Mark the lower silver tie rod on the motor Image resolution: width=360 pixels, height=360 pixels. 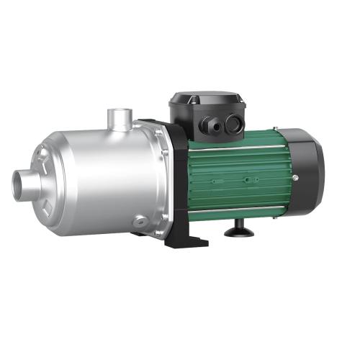238,210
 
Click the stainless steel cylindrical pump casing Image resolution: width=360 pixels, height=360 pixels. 108,176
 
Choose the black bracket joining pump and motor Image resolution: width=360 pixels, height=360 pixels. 171,180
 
